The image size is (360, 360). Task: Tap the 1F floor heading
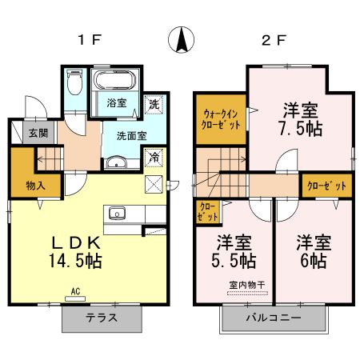[x=87, y=39]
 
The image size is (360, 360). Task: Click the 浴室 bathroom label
[x=117, y=103]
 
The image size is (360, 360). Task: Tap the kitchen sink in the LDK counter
[x=118, y=213]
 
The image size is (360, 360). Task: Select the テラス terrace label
[x=102, y=318]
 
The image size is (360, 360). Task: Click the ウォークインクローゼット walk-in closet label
[x=220, y=119]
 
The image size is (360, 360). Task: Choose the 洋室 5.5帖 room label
[x=234, y=252]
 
